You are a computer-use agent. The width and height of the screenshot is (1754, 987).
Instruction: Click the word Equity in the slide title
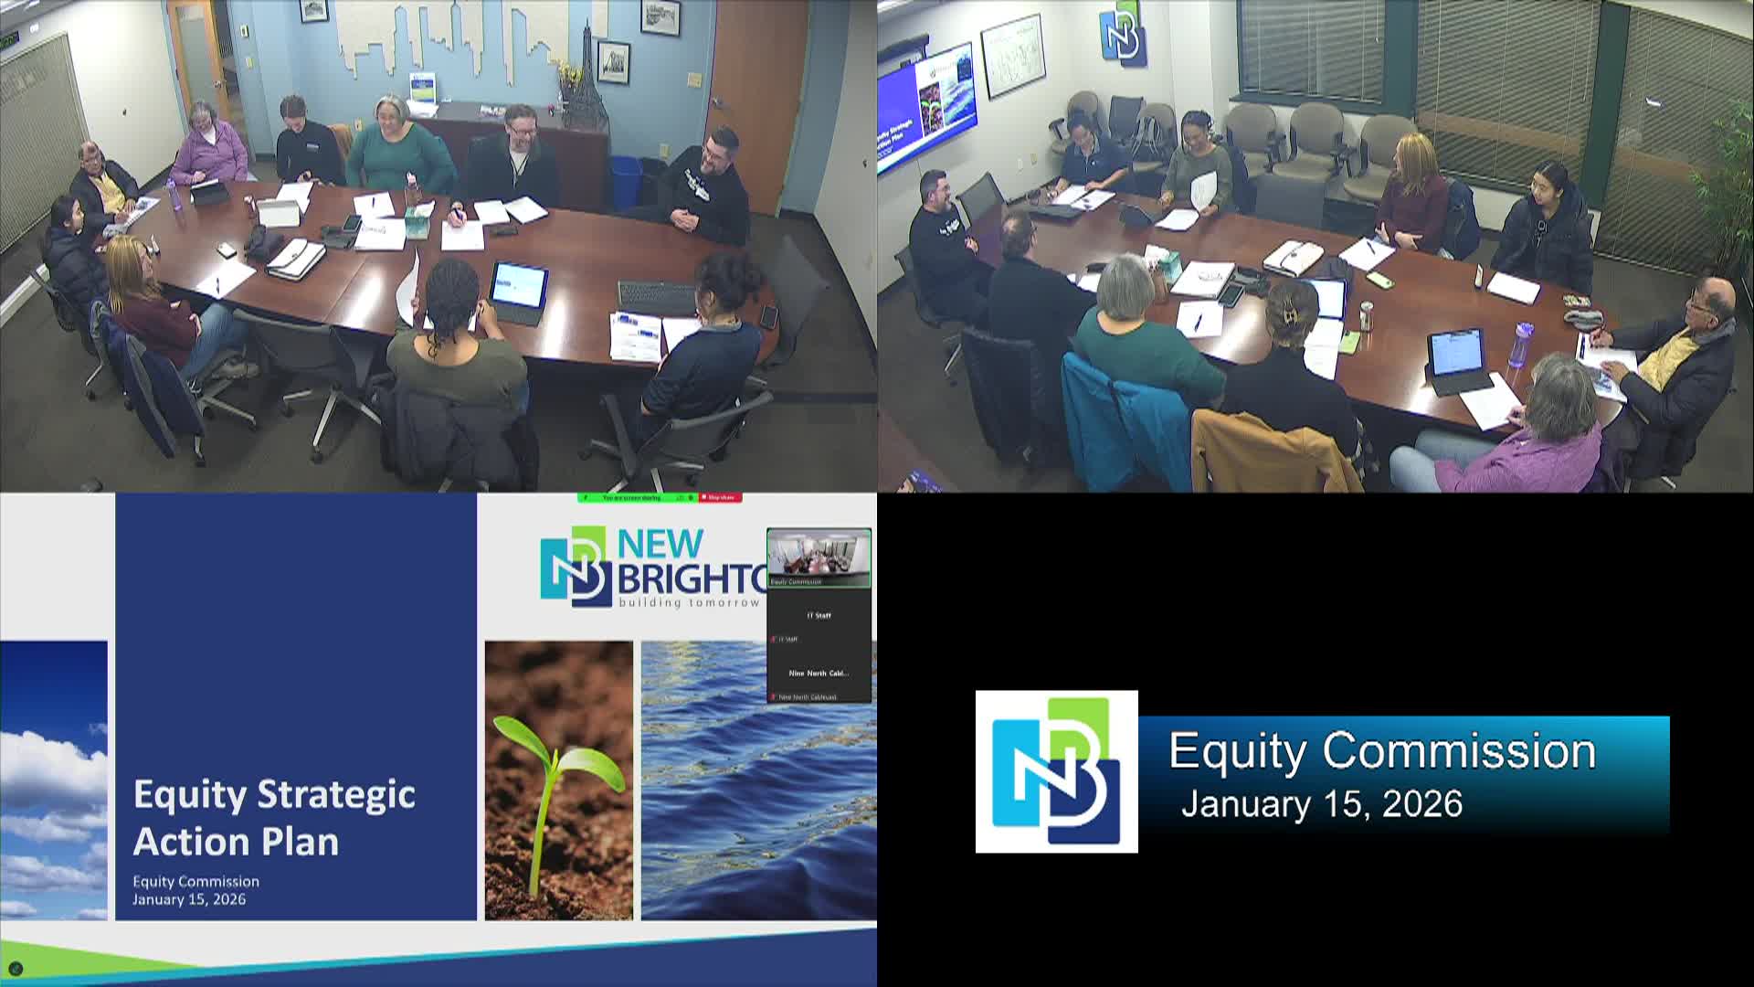click(189, 795)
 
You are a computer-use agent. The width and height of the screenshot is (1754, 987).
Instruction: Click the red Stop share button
click(720, 497)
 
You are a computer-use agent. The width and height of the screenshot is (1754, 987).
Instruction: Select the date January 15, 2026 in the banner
click(1321, 804)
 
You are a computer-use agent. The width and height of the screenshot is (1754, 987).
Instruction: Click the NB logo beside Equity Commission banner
click(1056, 771)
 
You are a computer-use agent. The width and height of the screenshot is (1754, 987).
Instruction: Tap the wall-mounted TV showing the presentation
click(925, 108)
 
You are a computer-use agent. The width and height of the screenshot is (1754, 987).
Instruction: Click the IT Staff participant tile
click(819, 616)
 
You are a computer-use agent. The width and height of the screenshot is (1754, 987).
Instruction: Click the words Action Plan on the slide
click(236, 842)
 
